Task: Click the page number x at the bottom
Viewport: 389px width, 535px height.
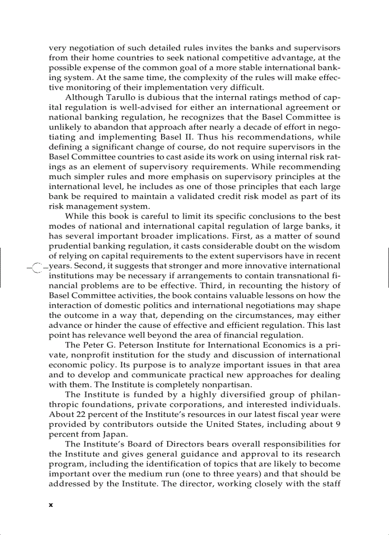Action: pyautogui.click(x=51, y=505)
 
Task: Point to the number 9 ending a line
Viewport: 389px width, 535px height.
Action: pyautogui.click(x=338, y=424)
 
